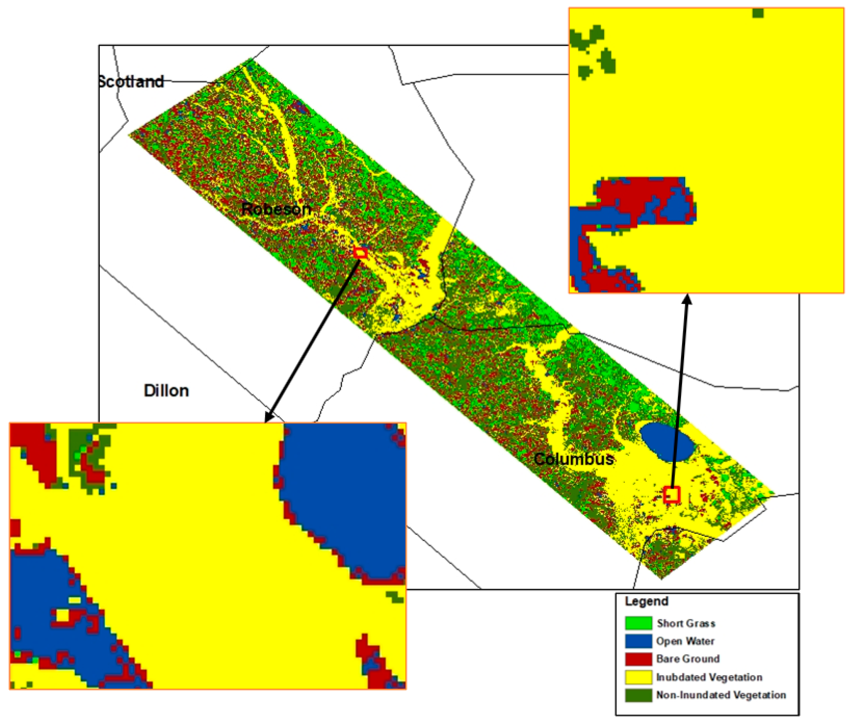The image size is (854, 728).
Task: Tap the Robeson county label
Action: click(x=276, y=209)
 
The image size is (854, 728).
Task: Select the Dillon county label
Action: click(x=167, y=390)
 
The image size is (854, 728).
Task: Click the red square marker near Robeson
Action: click(x=360, y=252)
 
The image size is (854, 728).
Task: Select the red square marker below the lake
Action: click(x=671, y=494)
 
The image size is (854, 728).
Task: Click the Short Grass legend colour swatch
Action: click(x=638, y=623)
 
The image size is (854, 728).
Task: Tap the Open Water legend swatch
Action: click(x=638, y=641)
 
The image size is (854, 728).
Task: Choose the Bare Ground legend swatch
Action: click(x=638, y=659)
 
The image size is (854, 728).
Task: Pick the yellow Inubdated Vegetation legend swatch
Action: click(x=638, y=677)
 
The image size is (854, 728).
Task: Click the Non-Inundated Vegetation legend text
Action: click(x=721, y=695)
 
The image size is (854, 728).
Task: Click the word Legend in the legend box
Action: click(x=646, y=601)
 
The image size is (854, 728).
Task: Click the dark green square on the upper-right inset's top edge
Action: click(x=758, y=13)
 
